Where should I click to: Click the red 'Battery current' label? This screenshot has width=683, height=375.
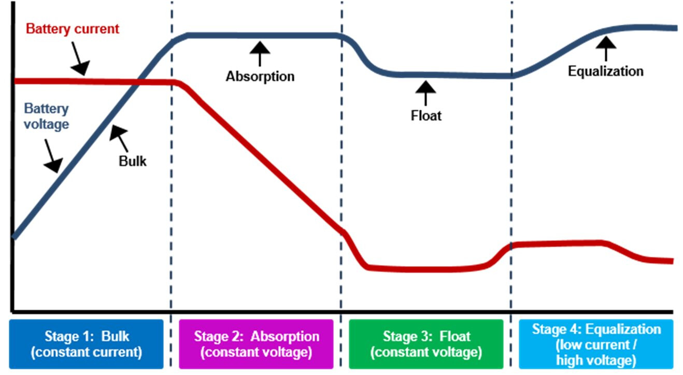tap(72, 29)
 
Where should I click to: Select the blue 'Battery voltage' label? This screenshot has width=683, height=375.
tap(46, 116)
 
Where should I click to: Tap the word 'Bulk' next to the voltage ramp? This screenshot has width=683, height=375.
tap(132, 161)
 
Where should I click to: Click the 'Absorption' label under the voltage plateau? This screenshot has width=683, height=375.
tap(260, 77)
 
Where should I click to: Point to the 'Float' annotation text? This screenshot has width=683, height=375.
tap(426, 116)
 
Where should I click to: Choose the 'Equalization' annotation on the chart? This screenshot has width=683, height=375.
tap(606, 71)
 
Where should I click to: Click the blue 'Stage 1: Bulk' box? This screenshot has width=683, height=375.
tap(87, 344)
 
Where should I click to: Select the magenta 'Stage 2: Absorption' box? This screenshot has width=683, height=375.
tap(256, 344)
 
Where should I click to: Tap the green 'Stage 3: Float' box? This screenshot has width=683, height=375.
tap(426, 344)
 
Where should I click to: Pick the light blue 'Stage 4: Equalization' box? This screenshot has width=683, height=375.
tap(596, 344)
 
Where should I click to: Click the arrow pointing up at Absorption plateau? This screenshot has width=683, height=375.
tap(260, 54)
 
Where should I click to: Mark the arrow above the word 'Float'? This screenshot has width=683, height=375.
tap(425, 93)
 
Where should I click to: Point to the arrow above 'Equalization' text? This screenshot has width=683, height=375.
tap(606, 49)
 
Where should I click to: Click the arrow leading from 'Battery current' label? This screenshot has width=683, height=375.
tap(80, 58)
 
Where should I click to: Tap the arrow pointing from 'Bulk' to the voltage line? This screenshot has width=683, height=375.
tap(119, 138)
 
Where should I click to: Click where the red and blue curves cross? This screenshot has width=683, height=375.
tap(135, 82)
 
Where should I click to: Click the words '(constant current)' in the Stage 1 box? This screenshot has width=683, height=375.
tap(87, 352)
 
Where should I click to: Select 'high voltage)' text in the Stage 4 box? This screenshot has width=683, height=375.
tap(596, 360)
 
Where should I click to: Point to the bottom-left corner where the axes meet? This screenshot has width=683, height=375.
tap(13, 312)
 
